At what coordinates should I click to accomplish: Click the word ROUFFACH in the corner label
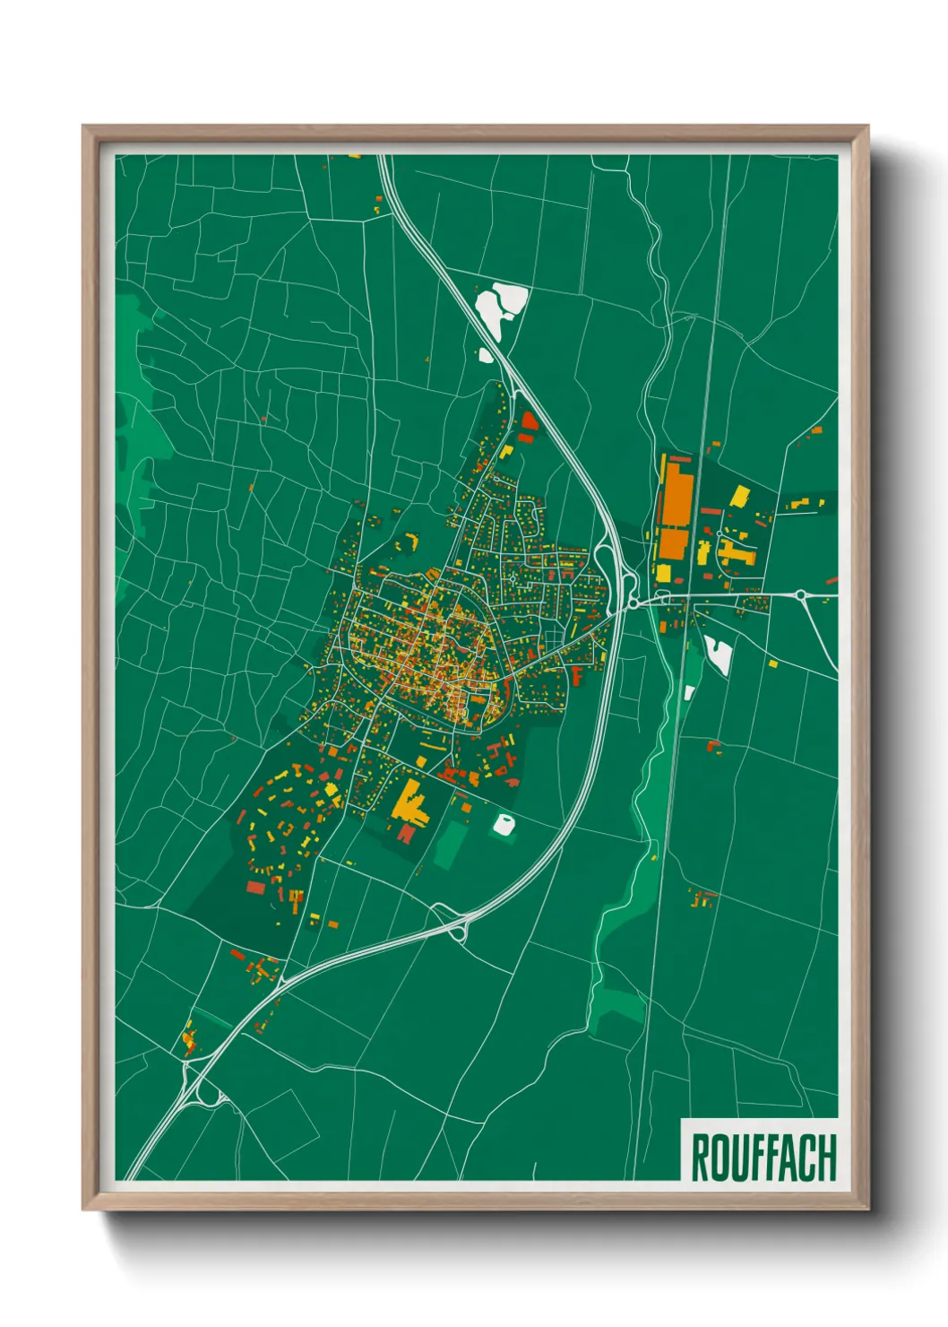[x=763, y=1157]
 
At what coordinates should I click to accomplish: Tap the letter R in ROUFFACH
[x=700, y=1157]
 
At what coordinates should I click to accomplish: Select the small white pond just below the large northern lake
[x=486, y=355]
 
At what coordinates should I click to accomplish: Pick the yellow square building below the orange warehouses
[x=664, y=572]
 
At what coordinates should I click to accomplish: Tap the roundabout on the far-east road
[x=799, y=594]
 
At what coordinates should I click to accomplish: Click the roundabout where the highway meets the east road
[x=634, y=603]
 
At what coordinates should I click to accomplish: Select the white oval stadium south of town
[x=504, y=825]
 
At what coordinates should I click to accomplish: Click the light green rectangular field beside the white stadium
[x=451, y=845]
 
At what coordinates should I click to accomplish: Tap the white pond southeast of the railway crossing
[x=720, y=655]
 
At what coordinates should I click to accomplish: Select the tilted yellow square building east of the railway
[x=740, y=496]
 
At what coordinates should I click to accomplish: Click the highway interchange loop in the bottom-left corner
[x=210, y=1095]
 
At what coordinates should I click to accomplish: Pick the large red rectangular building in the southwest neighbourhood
[x=256, y=887]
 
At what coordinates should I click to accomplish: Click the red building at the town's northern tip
[x=529, y=420]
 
